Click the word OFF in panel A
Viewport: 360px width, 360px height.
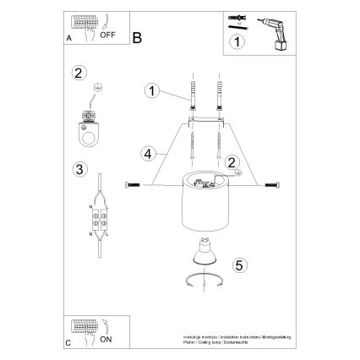pyautogui.click(x=108, y=35)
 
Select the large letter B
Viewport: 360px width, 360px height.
pyautogui.click(x=138, y=36)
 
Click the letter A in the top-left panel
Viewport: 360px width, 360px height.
pyautogui.click(x=68, y=39)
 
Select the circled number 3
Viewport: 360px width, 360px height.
pyautogui.click(x=79, y=169)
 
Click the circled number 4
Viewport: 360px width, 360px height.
pyautogui.click(x=148, y=155)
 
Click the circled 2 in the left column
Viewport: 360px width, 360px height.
pyautogui.click(x=79, y=74)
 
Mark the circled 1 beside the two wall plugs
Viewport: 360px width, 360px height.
pyautogui.click(x=151, y=90)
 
